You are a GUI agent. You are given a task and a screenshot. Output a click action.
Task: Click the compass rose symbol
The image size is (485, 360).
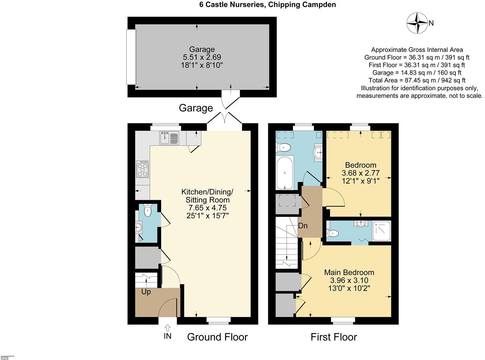click(x=417, y=23)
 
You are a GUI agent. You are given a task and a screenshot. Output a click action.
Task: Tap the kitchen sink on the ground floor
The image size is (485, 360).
click(x=169, y=138)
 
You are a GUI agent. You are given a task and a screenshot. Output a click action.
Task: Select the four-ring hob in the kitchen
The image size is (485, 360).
click(x=142, y=169)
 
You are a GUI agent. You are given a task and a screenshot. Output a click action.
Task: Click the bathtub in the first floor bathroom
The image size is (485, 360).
click(x=285, y=173)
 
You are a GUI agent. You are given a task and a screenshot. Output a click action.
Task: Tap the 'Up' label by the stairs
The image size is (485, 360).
click(x=146, y=292)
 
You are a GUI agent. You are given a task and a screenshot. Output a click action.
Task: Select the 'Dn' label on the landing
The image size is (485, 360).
click(x=303, y=226)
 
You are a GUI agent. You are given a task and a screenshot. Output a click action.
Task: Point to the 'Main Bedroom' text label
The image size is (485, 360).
click(x=349, y=272)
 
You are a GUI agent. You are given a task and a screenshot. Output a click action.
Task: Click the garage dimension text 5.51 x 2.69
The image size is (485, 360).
click(x=202, y=57)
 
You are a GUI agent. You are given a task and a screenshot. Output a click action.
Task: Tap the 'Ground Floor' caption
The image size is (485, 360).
click(x=217, y=337)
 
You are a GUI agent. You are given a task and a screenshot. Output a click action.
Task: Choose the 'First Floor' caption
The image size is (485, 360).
click(x=333, y=337)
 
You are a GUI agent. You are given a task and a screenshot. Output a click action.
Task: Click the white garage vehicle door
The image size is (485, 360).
click(x=131, y=57)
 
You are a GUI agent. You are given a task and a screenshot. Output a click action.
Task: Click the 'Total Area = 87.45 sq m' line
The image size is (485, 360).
click(x=417, y=80)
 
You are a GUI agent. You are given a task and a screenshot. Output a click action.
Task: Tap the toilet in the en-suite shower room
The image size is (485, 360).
click(x=332, y=234)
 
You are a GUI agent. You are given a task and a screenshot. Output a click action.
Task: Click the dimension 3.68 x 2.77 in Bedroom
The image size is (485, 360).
click(x=360, y=173)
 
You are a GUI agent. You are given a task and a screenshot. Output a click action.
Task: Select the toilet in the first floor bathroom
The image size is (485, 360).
click(x=284, y=147)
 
